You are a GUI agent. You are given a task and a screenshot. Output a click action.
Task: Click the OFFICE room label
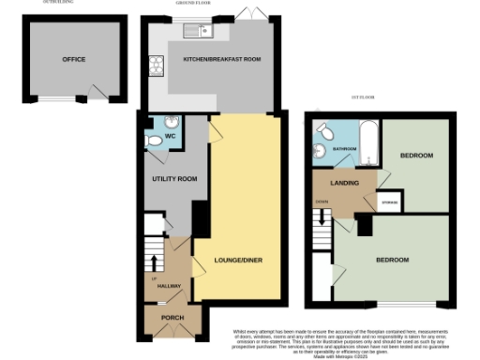point(74,59)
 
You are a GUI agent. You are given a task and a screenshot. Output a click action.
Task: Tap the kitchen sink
point(200,32)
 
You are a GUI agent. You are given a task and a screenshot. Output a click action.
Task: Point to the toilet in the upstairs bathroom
point(322,128)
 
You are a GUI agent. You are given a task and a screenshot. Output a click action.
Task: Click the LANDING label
point(345,183)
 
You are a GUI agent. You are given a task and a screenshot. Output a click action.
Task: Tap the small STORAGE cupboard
point(389,202)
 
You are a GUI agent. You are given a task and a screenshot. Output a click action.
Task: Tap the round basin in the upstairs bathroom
point(320,150)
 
